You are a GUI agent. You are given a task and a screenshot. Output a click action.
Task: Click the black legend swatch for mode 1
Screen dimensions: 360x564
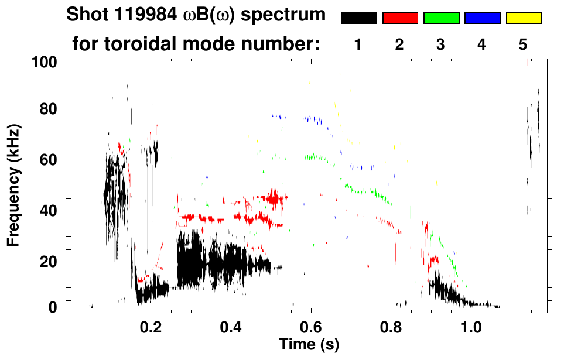pos(358,18)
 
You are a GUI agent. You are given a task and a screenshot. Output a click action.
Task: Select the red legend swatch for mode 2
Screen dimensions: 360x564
pos(400,18)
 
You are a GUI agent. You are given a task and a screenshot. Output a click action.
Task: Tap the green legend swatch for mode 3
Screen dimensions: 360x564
pos(441,18)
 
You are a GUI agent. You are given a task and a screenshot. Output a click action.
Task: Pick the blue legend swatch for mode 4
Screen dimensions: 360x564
pos(482,18)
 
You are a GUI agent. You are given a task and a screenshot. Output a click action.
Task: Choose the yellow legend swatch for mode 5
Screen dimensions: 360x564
pos(523,18)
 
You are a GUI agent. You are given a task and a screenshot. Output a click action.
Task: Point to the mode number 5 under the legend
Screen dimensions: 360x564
pos(523,45)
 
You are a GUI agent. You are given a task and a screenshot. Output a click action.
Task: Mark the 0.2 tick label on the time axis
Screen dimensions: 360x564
pos(151,325)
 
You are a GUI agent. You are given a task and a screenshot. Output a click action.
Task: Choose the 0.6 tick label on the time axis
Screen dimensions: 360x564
pos(311,325)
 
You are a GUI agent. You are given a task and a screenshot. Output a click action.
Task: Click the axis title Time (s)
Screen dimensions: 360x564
pos(309,344)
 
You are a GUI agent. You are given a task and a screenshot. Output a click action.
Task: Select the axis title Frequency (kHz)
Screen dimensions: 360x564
pos(14,184)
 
